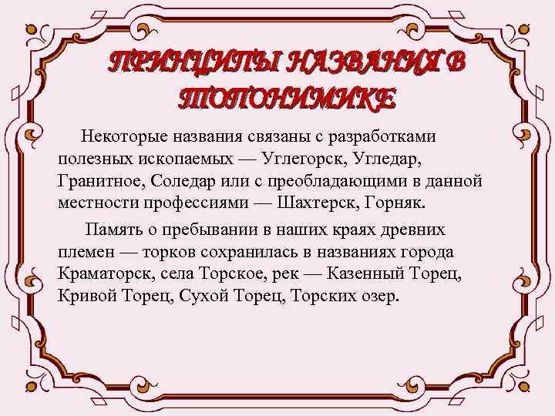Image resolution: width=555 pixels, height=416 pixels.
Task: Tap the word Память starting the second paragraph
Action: click(x=114, y=230)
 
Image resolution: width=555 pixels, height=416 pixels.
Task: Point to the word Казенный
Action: click(x=372, y=274)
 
